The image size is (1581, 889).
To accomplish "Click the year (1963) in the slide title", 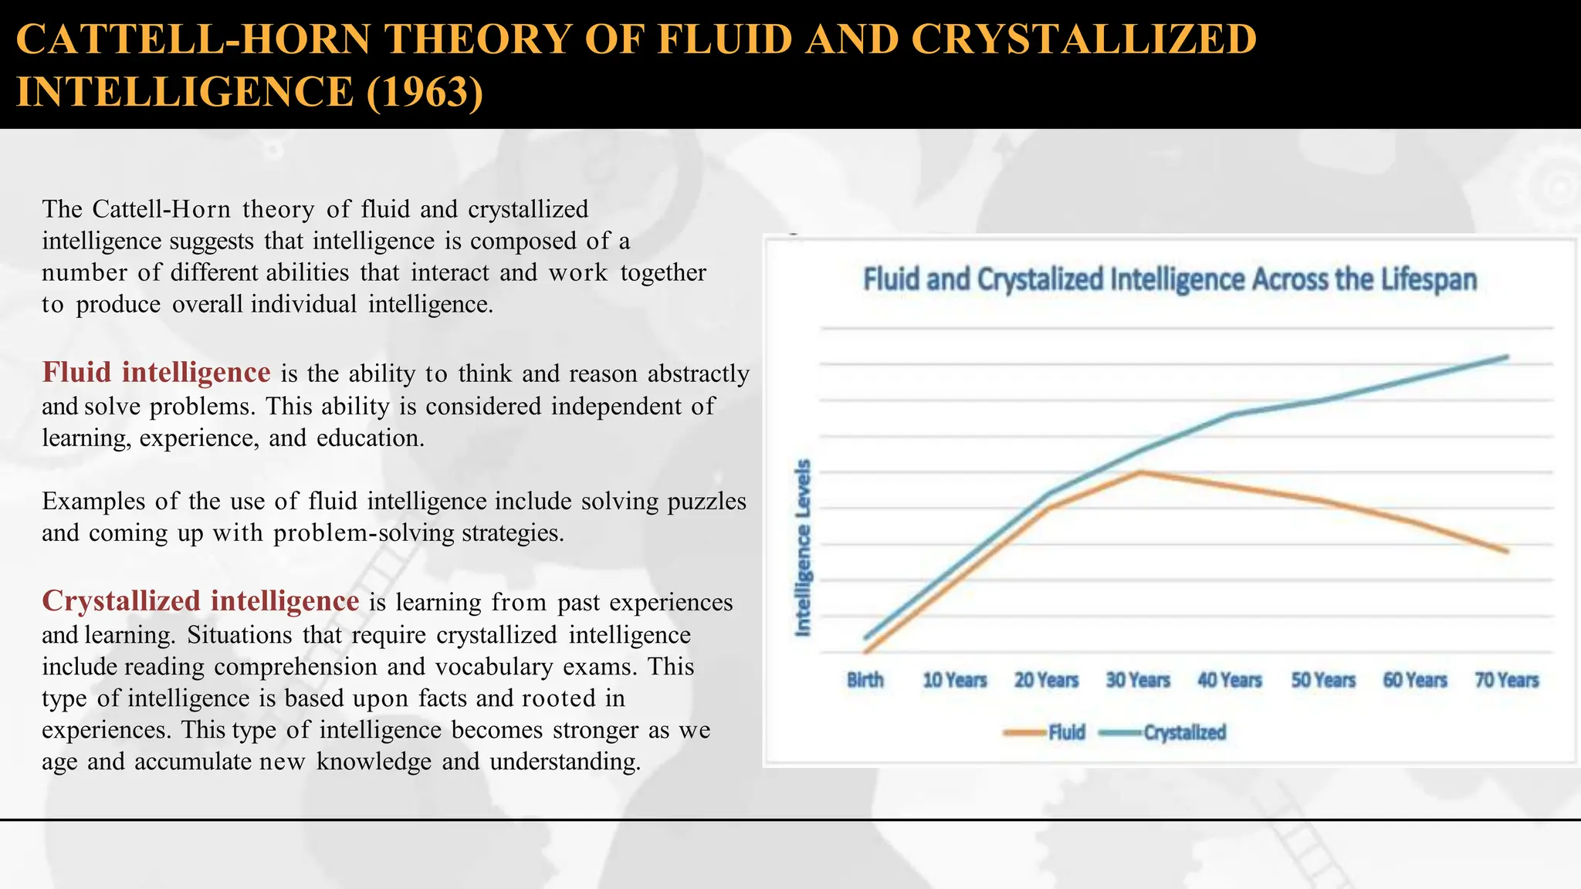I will pyautogui.click(x=425, y=92).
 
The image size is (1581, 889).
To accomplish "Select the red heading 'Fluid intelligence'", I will pyautogui.click(x=156, y=373).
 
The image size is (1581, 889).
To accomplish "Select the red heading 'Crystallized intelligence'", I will pyautogui.click(x=200, y=601).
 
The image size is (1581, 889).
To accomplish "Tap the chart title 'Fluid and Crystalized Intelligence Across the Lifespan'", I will pyautogui.click(x=1170, y=279).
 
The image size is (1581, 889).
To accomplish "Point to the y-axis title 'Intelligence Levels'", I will pyautogui.click(x=804, y=548).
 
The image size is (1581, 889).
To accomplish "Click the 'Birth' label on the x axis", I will pyautogui.click(x=865, y=681).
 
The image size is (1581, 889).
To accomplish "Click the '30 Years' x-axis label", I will pyautogui.click(x=1138, y=681).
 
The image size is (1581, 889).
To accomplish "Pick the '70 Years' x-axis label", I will pyautogui.click(x=1506, y=681).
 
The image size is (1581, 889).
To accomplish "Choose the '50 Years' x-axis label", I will pyautogui.click(x=1323, y=681).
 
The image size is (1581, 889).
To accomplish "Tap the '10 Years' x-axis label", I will pyautogui.click(x=955, y=681).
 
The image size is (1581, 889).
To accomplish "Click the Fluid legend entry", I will pyautogui.click(x=1066, y=732).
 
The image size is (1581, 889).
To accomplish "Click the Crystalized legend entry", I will pyautogui.click(x=1184, y=732).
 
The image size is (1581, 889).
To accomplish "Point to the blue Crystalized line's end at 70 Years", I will pyautogui.click(x=1507, y=357).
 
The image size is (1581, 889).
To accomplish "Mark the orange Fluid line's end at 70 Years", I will pyautogui.click(x=1506, y=551).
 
